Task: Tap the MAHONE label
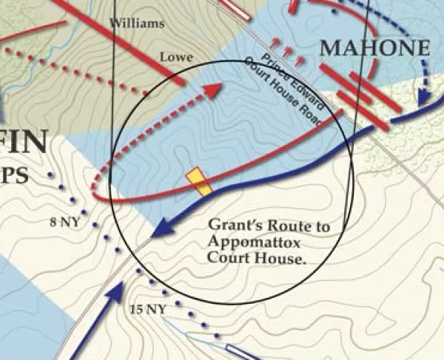tap(374, 49)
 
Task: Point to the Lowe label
tap(176, 57)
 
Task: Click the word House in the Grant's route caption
tap(275, 259)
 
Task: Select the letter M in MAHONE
tap(329, 50)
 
